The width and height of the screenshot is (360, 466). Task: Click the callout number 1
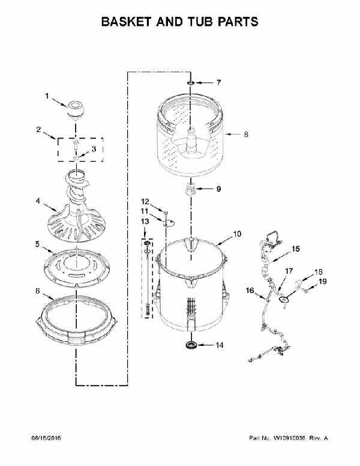pyautogui.click(x=47, y=95)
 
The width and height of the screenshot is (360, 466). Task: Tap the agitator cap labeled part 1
pyautogui.click(x=75, y=110)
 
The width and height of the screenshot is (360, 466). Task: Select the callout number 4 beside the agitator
pyautogui.click(x=38, y=201)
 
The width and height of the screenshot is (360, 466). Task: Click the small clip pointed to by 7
pyautogui.click(x=191, y=83)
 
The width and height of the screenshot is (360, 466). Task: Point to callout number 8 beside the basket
pyautogui.click(x=246, y=135)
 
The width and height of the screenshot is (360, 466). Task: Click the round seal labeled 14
pyautogui.click(x=190, y=345)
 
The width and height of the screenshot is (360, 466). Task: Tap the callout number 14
pyautogui.click(x=219, y=345)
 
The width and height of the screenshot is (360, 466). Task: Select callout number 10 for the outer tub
pyautogui.click(x=237, y=234)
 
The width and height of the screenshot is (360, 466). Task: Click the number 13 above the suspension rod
pyautogui.click(x=145, y=222)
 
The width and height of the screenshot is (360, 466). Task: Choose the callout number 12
pyautogui.click(x=145, y=202)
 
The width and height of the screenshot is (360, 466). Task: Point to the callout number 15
pyautogui.click(x=296, y=249)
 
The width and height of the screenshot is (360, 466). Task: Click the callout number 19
pyautogui.click(x=323, y=281)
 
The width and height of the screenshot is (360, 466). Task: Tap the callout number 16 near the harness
pyautogui.click(x=250, y=290)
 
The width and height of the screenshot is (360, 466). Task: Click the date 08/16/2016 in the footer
pyautogui.click(x=46, y=438)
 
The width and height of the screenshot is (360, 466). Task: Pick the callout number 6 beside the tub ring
pyautogui.click(x=37, y=291)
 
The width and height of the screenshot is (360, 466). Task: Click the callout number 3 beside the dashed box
pyautogui.click(x=94, y=149)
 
